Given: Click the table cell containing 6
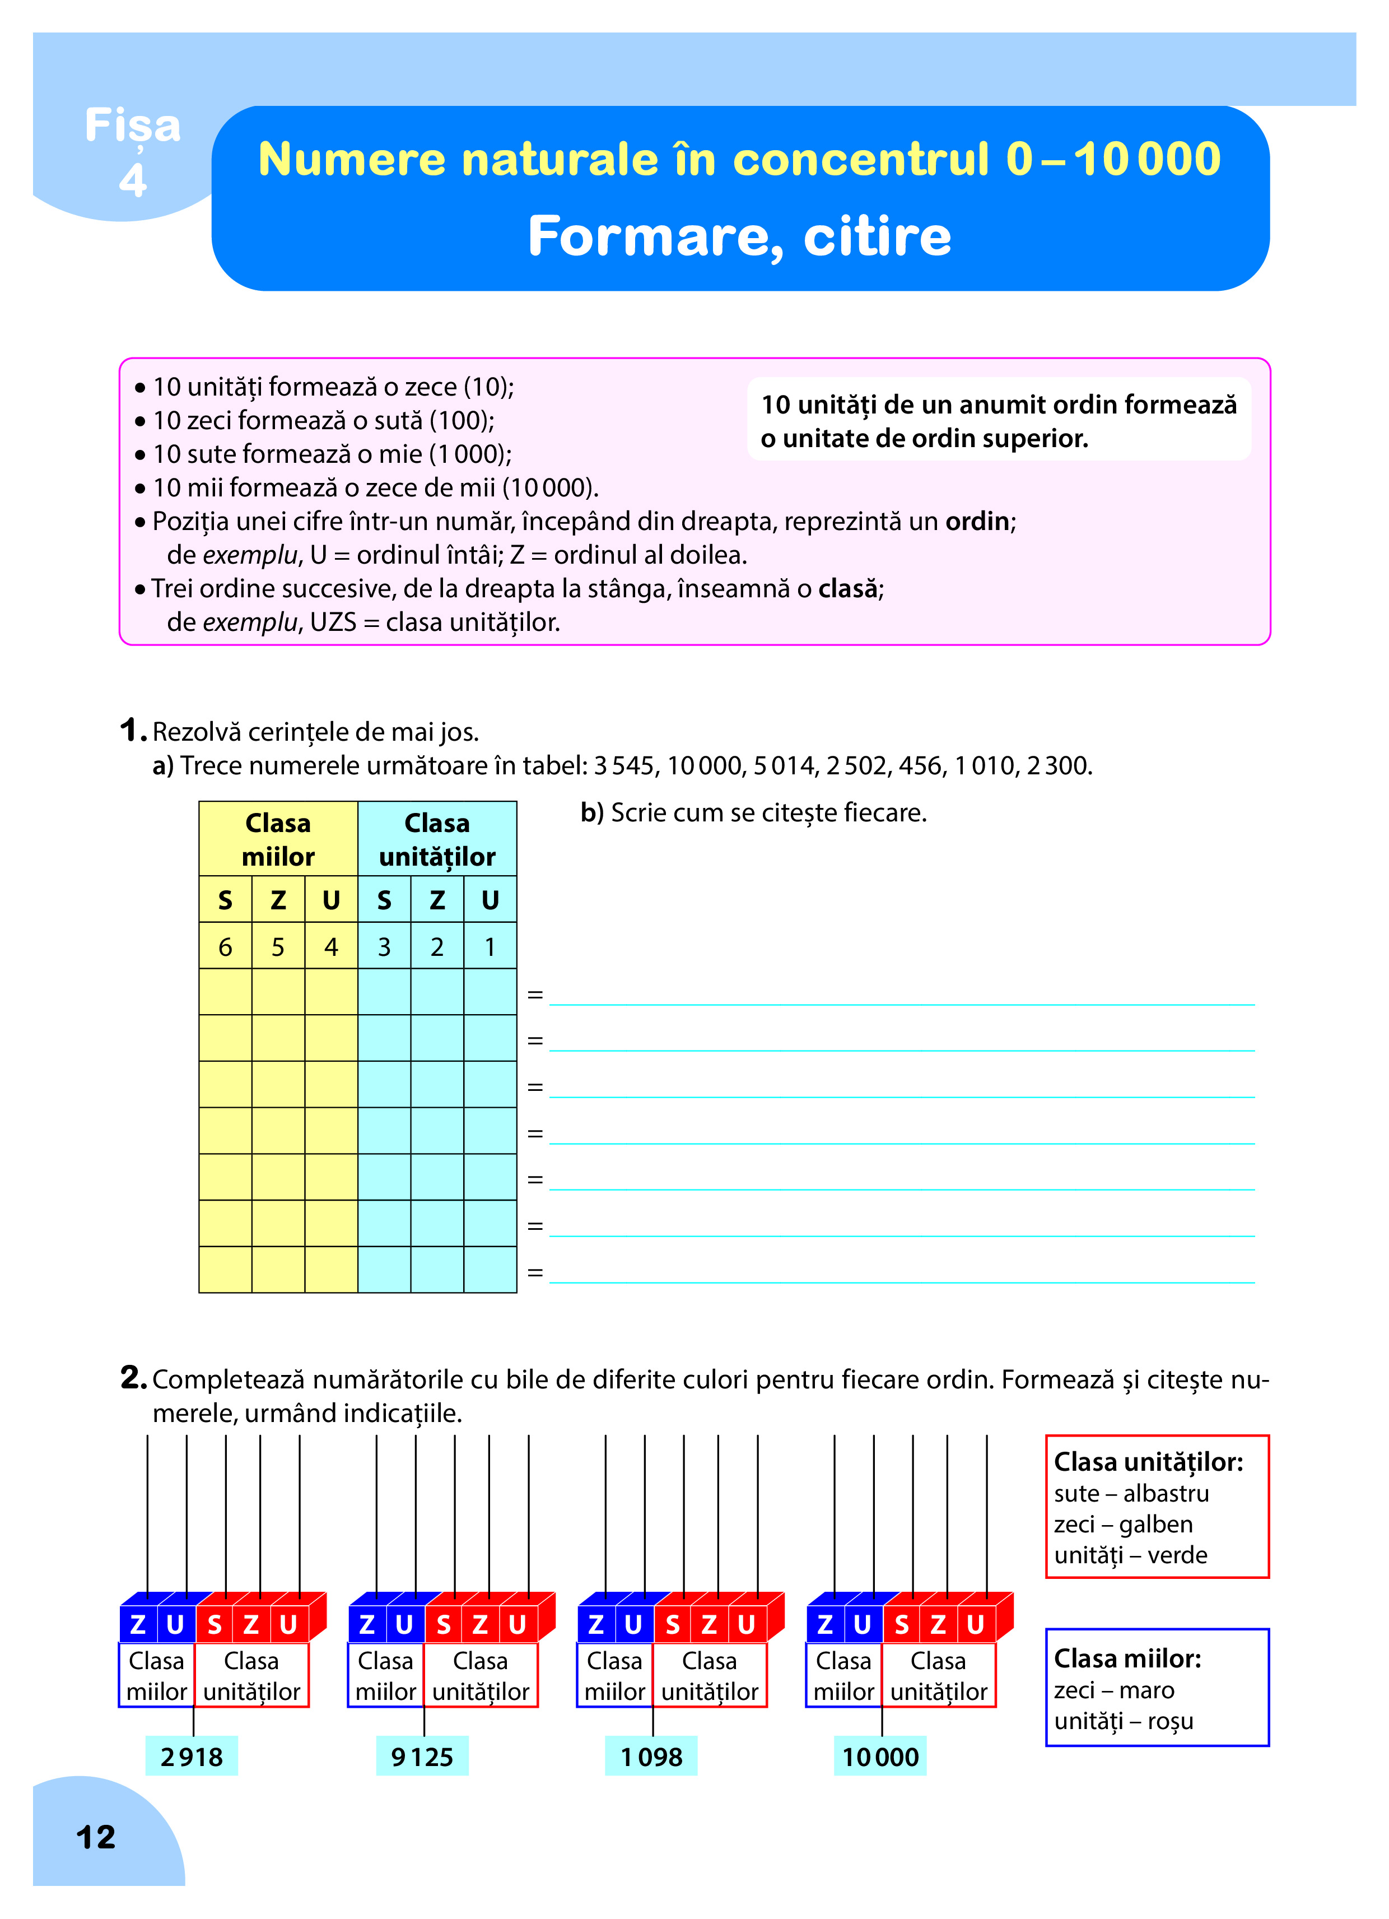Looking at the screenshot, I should click(x=225, y=947).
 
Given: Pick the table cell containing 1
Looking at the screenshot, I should click(x=490, y=947).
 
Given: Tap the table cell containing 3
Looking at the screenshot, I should click(x=384, y=947).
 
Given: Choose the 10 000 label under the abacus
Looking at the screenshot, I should click(x=880, y=1757).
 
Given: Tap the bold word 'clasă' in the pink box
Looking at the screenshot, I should click(x=847, y=589).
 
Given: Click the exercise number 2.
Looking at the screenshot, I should click(x=133, y=1378).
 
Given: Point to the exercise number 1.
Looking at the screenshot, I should click(x=131, y=730).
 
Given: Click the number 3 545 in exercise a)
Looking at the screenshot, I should click(x=623, y=766).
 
